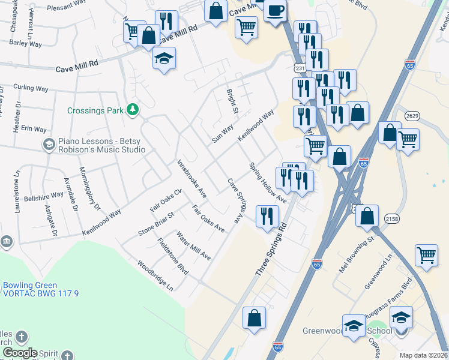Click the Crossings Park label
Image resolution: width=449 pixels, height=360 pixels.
click(95, 110)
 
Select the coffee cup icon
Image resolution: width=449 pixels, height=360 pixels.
click(276, 11)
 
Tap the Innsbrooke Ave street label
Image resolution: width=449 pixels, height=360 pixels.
click(192, 178)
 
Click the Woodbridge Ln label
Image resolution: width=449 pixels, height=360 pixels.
click(155, 275)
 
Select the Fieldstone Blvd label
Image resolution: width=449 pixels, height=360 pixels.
click(173, 257)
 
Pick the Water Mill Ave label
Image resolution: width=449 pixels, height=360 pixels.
click(193, 245)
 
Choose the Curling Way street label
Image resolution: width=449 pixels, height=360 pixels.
click(31, 88)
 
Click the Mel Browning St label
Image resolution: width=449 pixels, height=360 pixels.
click(356, 255)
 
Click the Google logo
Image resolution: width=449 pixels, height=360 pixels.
click(20, 353)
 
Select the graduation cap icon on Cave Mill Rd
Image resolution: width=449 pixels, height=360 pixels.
click(164, 59)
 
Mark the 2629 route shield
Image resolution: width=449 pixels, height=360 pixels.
click(412, 115)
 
